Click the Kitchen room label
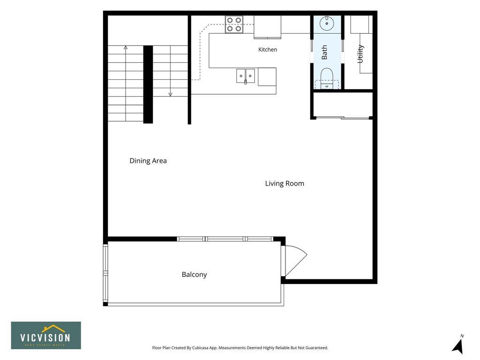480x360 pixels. pos(268,50)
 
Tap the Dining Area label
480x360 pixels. pos(148,161)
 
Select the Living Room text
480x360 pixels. pos(285,183)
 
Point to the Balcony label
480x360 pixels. pos(195,275)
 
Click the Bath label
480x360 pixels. pos(324,52)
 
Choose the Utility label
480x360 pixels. pos(360,54)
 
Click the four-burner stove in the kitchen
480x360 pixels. pos(234,24)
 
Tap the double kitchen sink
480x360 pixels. pos(246,76)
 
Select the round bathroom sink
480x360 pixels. pos(327,23)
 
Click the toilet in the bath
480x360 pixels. pos(327,79)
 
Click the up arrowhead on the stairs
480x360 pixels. pos(126,47)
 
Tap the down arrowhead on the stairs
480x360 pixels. pos(171,95)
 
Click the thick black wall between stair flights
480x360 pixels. pos(148,84)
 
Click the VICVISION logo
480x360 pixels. pos(46,335)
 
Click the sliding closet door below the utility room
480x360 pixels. pos(343,118)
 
